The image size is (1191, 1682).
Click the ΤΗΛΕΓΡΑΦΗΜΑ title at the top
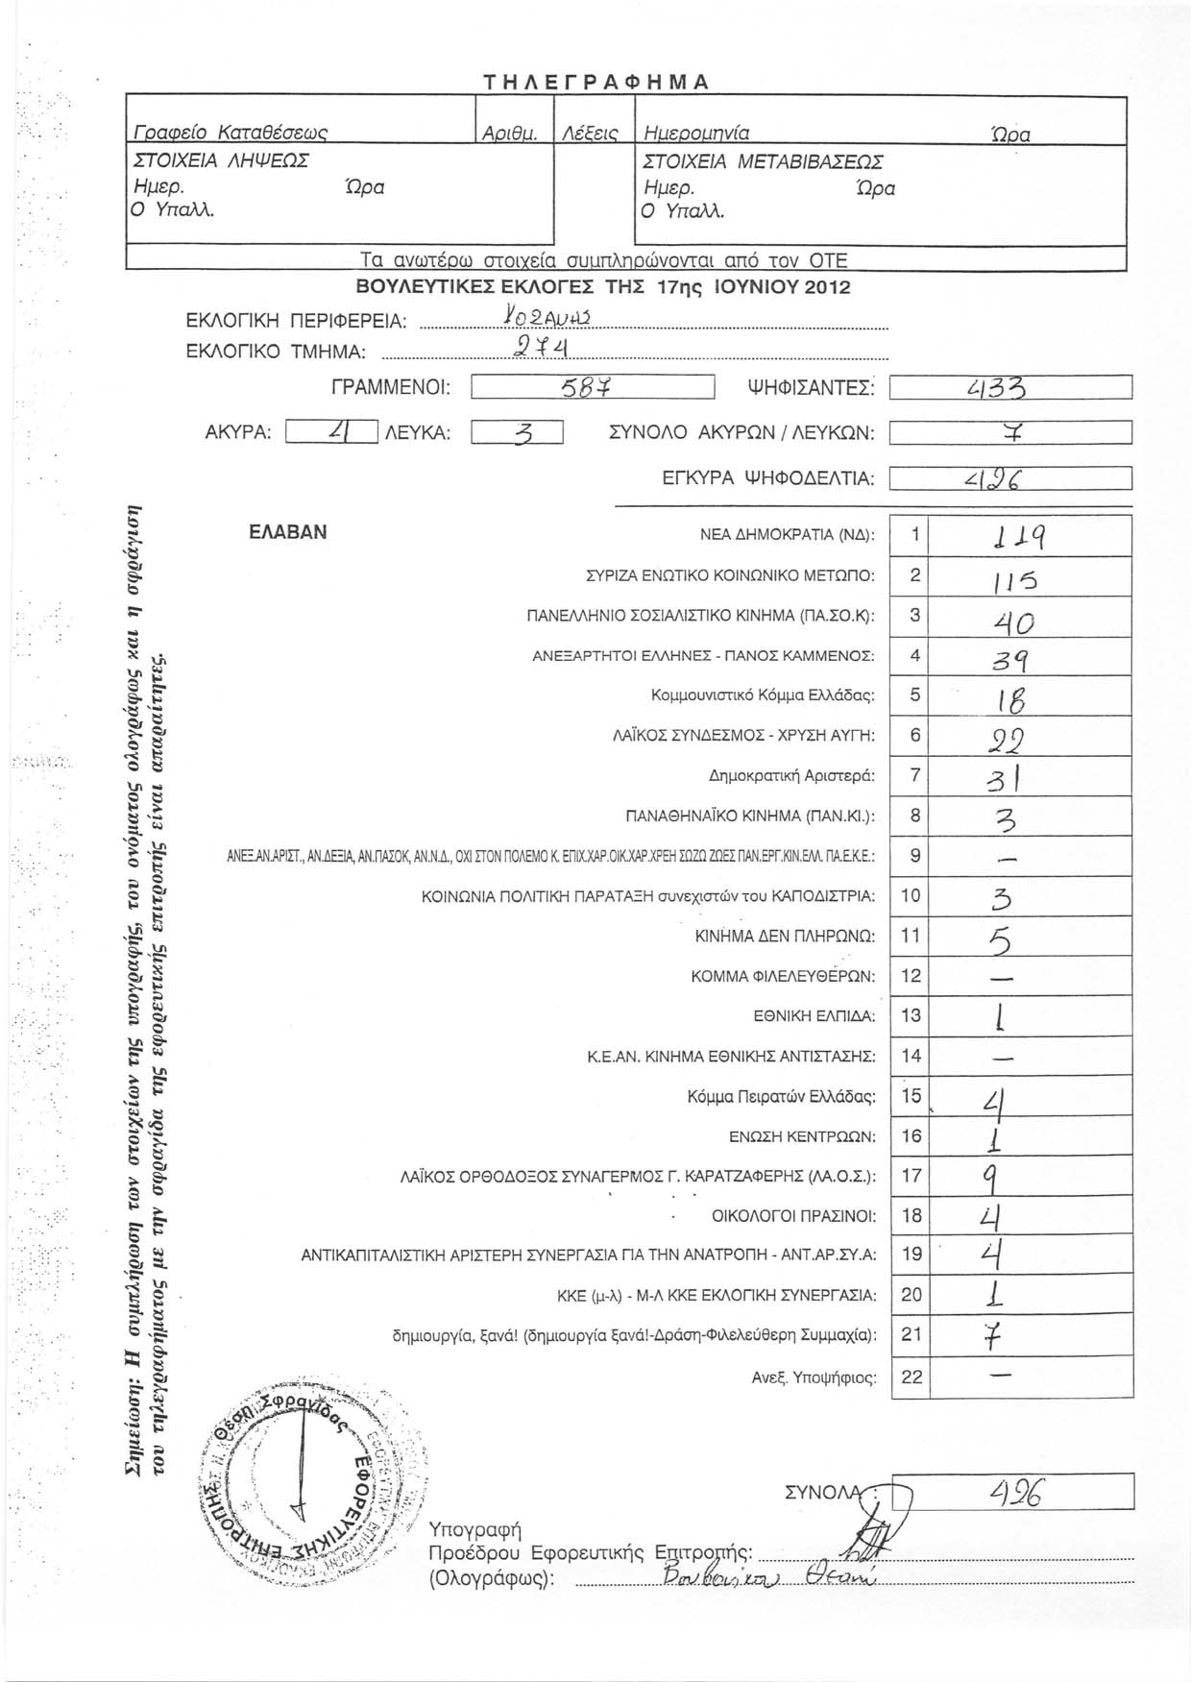[595, 81]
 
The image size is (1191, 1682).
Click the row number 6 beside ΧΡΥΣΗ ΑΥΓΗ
[914, 736]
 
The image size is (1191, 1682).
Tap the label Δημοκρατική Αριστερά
[791, 776]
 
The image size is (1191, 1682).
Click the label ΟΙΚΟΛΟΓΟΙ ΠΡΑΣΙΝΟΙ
[793, 1217]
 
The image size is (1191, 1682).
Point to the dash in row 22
[999, 1377]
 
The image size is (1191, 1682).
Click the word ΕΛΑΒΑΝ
[287, 532]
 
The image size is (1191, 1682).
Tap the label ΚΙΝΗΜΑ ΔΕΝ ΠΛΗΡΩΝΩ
[784, 936]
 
